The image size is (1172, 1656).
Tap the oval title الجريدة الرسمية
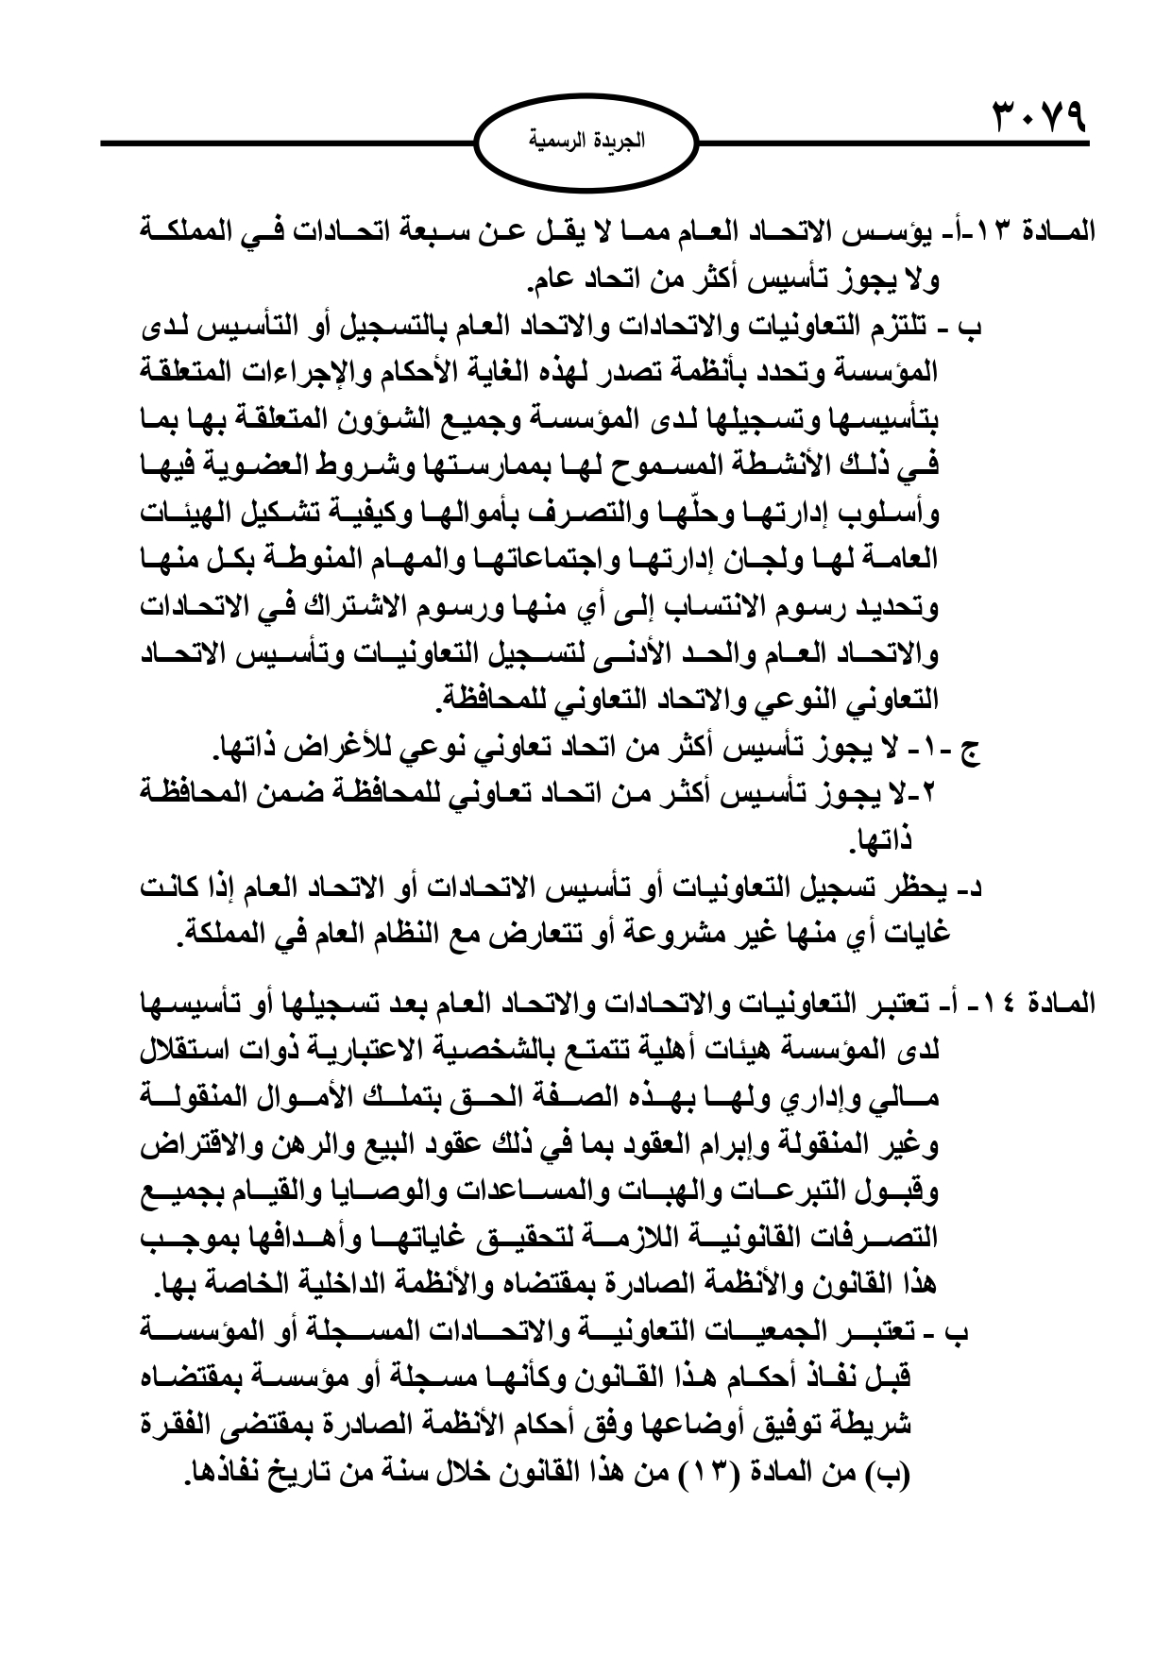pyautogui.click(x=585, y=144)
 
